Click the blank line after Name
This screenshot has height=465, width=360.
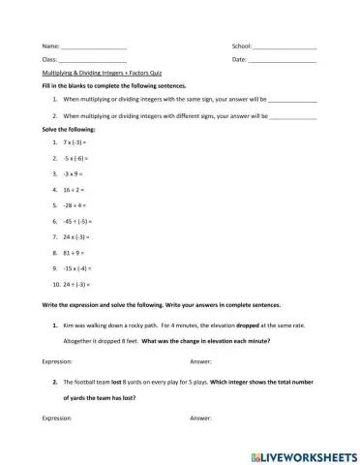click(93, 48)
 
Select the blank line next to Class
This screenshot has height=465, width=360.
click(93, 61)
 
